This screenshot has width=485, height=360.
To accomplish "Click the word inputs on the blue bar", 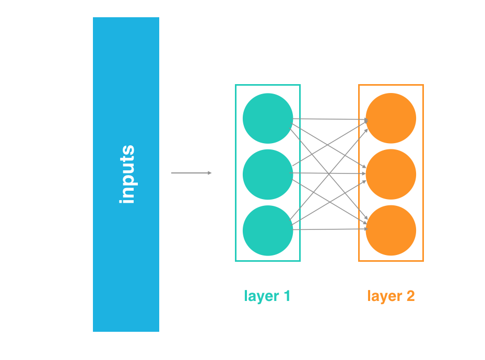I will pos(127,175).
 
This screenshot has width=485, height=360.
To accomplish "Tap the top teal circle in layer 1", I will pos(268,118).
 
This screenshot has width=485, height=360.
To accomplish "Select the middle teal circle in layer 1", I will pos(268,174).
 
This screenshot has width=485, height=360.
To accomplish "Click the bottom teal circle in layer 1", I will pos(268,230).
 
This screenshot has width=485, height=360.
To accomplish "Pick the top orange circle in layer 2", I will pos(391,118).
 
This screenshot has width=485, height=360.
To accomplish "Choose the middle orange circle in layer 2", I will pos(391,174).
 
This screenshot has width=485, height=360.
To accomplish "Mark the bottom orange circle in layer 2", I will pos(391,230).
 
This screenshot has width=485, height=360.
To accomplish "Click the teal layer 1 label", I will pos(267,296).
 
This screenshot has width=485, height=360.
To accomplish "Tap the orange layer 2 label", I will pos(391,296).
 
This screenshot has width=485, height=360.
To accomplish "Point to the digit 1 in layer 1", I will pos(287,296).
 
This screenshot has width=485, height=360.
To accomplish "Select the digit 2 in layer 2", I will pos(410,296).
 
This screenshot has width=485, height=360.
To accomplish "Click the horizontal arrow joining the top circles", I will pos(329,120).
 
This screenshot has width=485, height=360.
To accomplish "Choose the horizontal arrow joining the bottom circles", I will pos(329,229).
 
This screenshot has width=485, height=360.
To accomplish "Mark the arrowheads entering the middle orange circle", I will pos(366,173).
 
